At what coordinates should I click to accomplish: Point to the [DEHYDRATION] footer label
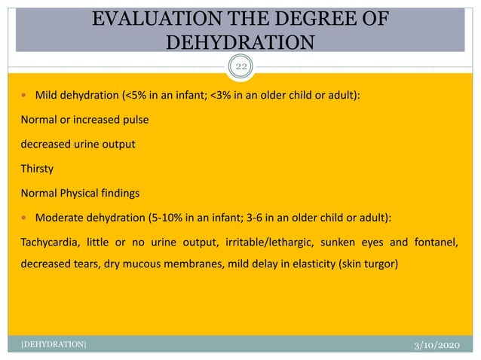click(52, 344)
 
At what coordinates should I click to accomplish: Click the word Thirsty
click(37, 169)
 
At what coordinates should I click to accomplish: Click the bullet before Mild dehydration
click(25, 97)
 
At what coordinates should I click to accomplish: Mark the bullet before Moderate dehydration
click(25, 218)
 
